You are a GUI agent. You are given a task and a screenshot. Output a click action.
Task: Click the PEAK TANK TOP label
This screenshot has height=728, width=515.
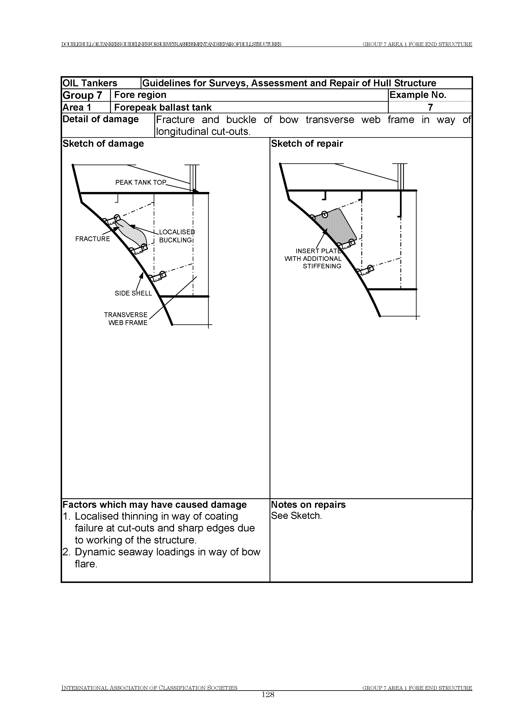click(141, 183)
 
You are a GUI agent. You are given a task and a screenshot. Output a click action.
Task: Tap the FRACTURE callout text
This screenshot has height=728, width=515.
click(93, 239)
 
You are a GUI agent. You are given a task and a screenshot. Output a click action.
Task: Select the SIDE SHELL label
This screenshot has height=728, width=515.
click(133, 293)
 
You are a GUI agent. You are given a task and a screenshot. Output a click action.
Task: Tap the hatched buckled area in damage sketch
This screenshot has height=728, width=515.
click(135, 233)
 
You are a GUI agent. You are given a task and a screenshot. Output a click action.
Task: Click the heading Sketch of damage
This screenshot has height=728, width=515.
click(103, 144)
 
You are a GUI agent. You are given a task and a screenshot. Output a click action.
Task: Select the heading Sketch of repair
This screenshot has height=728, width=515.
click(307, 144)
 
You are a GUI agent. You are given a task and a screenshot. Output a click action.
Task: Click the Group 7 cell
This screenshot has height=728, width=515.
click(82, 95)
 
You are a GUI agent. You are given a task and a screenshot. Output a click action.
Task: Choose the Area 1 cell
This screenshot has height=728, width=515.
click(77, 107)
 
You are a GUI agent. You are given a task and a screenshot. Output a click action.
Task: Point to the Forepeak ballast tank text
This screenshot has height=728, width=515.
click(163, 107)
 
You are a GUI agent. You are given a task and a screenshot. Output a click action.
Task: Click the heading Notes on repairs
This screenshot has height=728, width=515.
click(308, 504)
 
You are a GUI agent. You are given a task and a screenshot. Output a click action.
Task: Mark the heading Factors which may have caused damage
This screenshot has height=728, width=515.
click(154, 504)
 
